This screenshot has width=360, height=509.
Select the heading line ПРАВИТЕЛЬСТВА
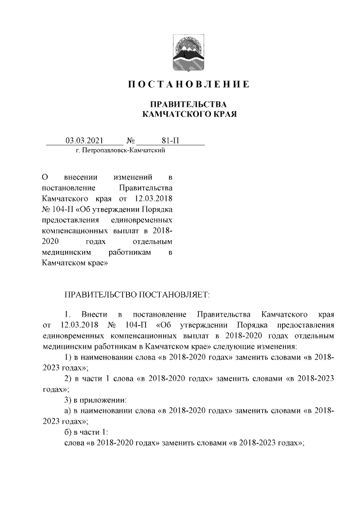(187, 105)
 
